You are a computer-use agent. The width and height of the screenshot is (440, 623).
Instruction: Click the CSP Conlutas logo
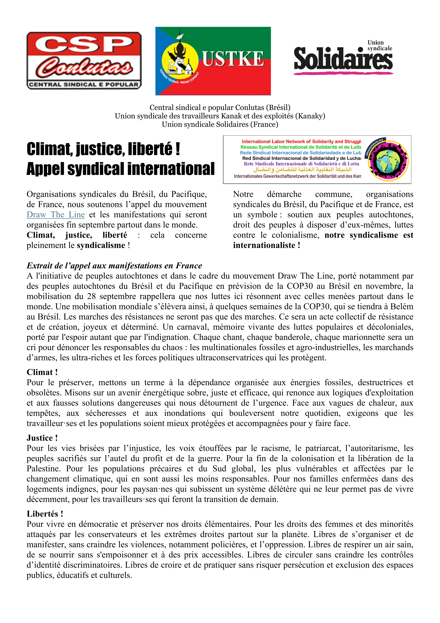tap(84, 61)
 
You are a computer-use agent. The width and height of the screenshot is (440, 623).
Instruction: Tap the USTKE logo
tap(213, 61)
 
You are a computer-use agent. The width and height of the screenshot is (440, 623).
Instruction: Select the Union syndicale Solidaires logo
tap(343, 58)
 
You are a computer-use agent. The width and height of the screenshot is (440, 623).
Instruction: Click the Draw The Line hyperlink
tap(56, 215)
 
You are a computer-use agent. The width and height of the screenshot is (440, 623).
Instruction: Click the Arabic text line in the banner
tap(302, 170)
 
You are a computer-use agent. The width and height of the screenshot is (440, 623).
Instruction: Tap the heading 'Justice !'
tap(42, 438)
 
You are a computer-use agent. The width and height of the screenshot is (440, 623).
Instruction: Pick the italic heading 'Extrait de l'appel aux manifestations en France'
tap(114, 266)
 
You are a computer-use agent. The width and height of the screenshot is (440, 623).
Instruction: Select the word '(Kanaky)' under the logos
tap(310, 116)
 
